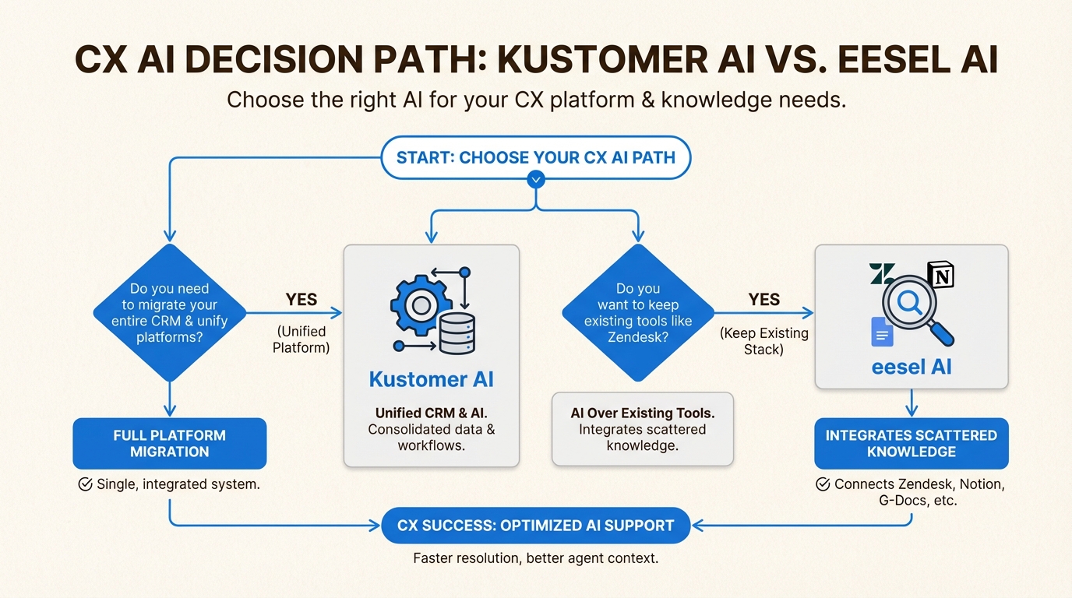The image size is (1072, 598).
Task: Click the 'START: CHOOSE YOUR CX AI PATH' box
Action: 535,157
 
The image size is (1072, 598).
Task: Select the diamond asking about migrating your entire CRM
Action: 170,313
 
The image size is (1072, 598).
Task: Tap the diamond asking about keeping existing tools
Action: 638,313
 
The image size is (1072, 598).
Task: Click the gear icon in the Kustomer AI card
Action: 421,304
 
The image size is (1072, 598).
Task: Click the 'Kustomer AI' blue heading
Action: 431,379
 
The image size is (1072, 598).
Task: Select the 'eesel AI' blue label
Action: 912,366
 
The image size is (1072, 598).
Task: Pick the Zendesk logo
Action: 882,274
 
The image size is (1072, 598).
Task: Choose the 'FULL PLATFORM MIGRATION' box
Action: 169,443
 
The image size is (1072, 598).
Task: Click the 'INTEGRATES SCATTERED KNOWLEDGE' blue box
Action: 912,443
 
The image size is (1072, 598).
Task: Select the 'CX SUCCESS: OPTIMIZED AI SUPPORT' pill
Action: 535,525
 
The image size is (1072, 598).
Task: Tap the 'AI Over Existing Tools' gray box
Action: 643,429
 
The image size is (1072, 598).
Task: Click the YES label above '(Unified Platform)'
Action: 301,300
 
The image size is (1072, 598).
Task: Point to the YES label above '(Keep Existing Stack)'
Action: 763,300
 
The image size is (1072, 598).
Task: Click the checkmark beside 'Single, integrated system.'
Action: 86,484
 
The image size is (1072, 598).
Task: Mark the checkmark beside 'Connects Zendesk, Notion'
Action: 822,484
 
